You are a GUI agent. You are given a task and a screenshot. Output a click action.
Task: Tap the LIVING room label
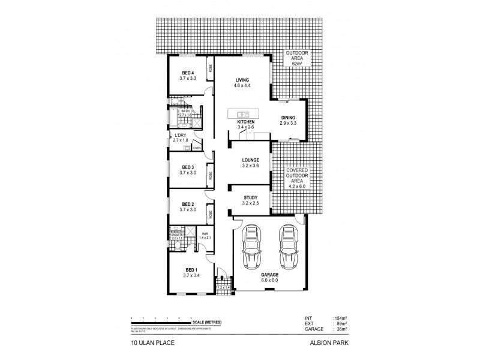click(x=242, y=80)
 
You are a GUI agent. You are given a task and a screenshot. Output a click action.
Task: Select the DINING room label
click(x=288, y=118)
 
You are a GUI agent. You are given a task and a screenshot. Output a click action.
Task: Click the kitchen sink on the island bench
click(x=243, y=113)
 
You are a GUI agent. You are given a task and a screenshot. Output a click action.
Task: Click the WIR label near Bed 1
click(x=205, y=234)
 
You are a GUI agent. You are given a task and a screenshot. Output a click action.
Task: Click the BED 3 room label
click(x=188, y=167)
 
